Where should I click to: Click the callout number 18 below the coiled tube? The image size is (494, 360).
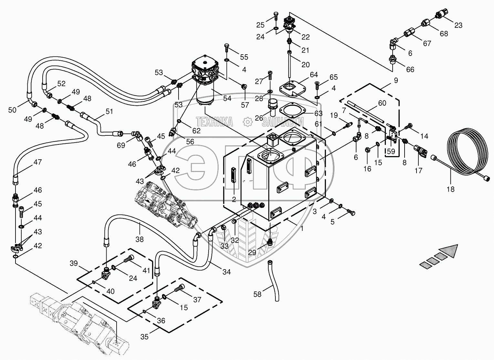450,189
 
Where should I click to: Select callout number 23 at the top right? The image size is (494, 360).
458,25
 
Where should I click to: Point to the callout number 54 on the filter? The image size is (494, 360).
227,98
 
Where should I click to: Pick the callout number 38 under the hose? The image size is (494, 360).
139,239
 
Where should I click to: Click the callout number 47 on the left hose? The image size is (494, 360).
37,162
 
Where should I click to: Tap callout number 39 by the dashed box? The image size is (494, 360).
74,263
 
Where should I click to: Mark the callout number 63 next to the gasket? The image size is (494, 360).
318,113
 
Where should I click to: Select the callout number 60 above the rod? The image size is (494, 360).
382,103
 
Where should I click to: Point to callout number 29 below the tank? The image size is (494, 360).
252,252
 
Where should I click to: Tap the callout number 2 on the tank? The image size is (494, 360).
234,199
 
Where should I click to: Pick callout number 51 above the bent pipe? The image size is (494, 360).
109,112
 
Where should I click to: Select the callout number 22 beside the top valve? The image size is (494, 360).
305,37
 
